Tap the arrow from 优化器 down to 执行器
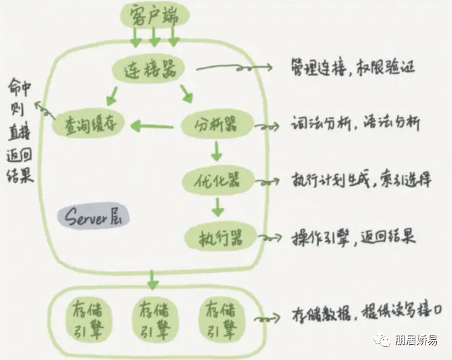point(217,207)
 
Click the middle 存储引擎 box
point(154,321)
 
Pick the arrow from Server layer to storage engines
point(152,277)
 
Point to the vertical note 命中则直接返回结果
point(20,130)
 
